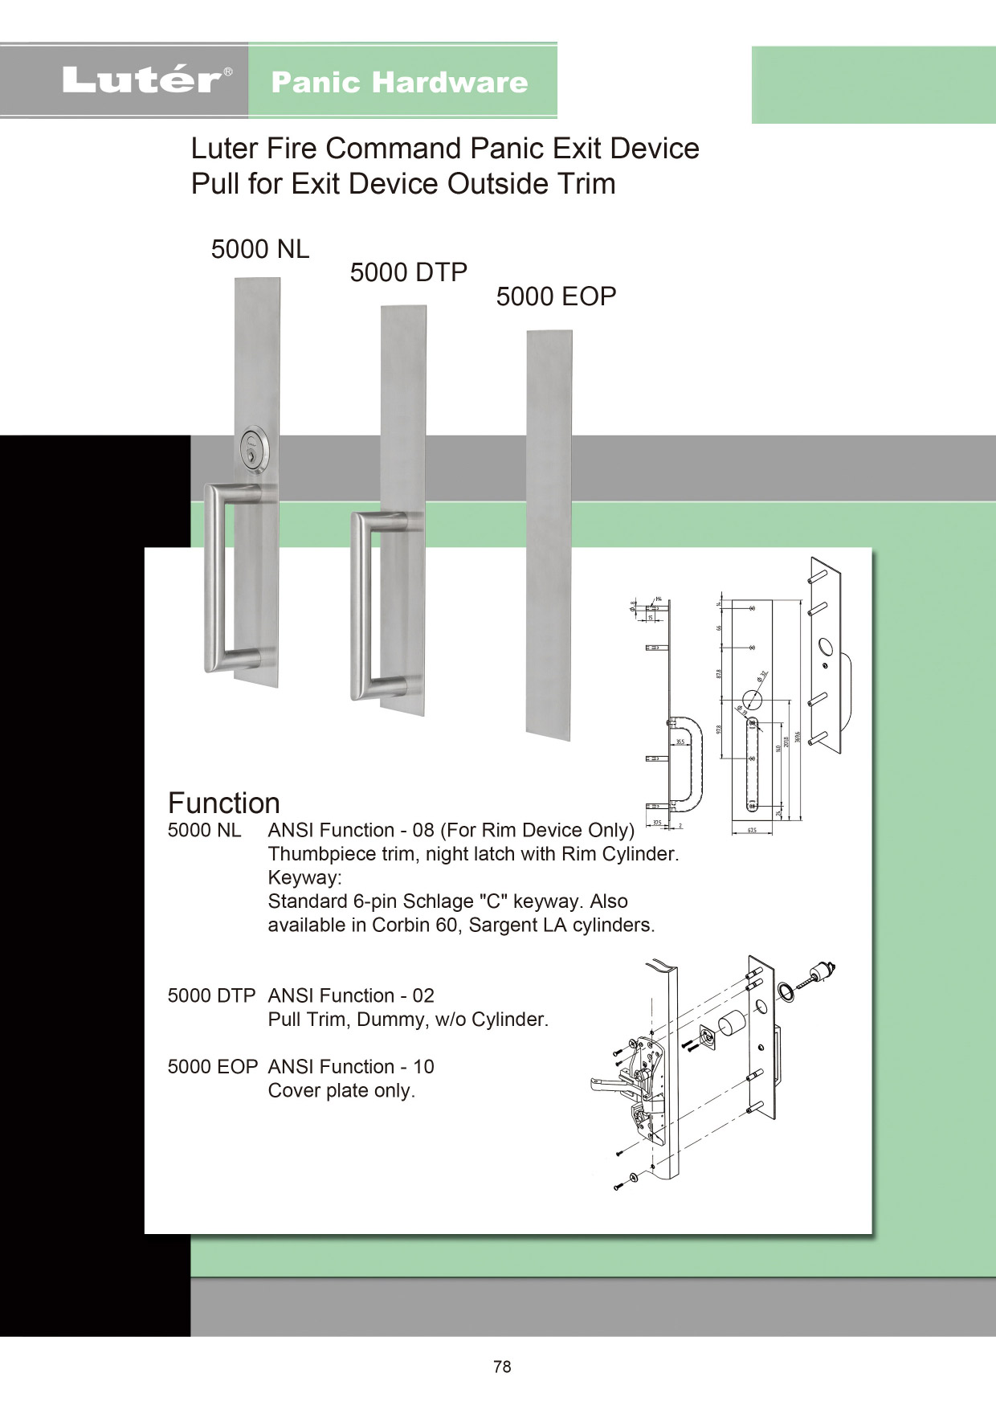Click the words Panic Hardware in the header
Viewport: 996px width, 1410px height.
399,82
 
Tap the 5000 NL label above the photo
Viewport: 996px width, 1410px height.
259,249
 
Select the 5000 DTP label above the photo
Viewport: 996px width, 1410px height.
408,272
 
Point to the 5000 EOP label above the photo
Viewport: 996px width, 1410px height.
556,296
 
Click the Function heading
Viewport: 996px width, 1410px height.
223,803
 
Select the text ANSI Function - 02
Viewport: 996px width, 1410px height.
351,995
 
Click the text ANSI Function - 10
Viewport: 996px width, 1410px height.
351,1067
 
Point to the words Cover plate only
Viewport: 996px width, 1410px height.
341,1091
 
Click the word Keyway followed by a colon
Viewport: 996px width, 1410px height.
304,877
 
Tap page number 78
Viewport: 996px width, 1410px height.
502,1367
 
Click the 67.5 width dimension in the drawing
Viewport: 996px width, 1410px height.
752,830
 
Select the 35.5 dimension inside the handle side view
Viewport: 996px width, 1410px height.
680,742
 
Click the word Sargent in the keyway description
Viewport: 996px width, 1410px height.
503,926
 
